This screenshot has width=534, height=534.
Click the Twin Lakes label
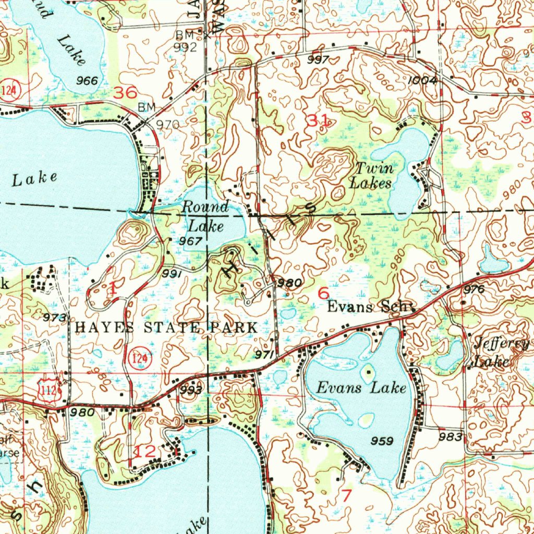pos(371,176)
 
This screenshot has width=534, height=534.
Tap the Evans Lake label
pos(361,387)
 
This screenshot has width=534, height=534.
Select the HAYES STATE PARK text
pos(166,327)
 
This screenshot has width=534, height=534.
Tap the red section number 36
pos(126,93)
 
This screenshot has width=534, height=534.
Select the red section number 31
pos(318,120)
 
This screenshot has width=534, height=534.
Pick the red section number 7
pos(346,495)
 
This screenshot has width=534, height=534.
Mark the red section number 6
pos(323,293)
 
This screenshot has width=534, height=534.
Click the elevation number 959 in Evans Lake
pos(382,441)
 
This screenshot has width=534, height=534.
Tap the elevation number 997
pos(318,60)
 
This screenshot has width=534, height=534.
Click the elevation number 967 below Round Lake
pos(191,241)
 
